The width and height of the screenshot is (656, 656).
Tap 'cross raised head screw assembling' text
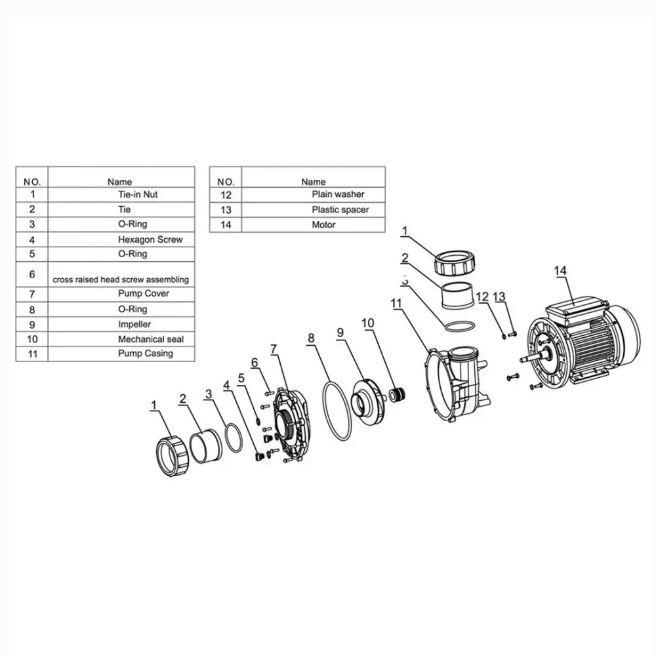tap(121, 279)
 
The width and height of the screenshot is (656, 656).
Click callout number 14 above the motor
tap(560, 271)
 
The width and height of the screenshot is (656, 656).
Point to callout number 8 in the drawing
tap(311, 338)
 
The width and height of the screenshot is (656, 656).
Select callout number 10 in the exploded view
tap(368, 323)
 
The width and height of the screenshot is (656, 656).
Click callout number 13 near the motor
tap(499, 297)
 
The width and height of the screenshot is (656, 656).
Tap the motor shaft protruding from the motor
tap(530, 358)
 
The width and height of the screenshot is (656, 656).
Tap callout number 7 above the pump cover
tap(274, 349)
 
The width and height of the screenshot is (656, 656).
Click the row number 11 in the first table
tap(32, 354)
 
